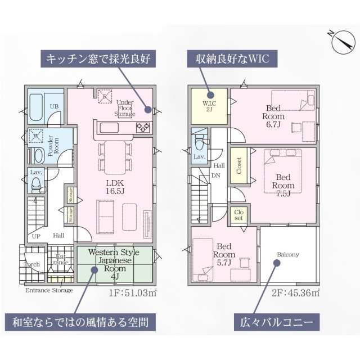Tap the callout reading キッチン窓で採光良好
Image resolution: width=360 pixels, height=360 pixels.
click(x=101, y=58)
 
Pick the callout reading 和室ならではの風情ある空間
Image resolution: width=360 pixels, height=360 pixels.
click(x=80, y=322)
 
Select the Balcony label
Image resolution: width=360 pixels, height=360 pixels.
click(x=287, y=254)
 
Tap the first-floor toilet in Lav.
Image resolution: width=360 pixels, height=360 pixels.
click(x=37, y=182)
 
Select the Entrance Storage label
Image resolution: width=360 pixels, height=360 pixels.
click(x=49, y=290)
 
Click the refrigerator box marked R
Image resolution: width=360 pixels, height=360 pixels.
click(x=104, y=96)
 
